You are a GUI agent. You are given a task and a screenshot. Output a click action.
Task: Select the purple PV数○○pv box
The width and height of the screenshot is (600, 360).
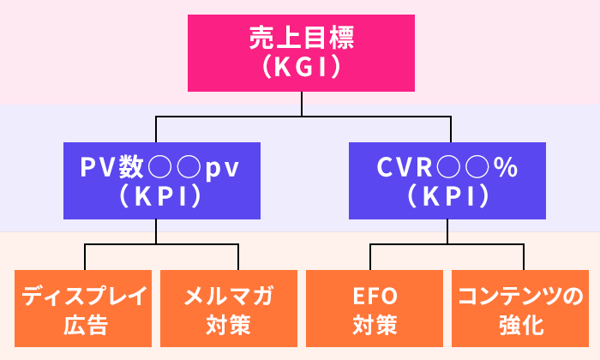[155, 182]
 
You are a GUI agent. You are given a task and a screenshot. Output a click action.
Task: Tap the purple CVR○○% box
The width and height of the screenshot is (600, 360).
[447, 182]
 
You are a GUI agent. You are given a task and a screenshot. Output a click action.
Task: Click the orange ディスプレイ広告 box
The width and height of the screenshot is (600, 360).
[84, 310]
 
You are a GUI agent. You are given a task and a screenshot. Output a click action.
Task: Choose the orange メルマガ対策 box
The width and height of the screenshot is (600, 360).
[229, 310]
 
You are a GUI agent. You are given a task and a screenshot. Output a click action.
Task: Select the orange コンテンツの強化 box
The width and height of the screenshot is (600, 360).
[519, 310]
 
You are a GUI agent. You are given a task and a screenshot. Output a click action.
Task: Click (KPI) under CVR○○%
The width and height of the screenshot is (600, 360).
[447, 196]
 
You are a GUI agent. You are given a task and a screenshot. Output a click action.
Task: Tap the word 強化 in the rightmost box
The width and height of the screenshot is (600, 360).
[519, 326]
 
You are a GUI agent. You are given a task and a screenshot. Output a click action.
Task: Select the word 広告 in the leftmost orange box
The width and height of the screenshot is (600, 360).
[84, 326]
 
